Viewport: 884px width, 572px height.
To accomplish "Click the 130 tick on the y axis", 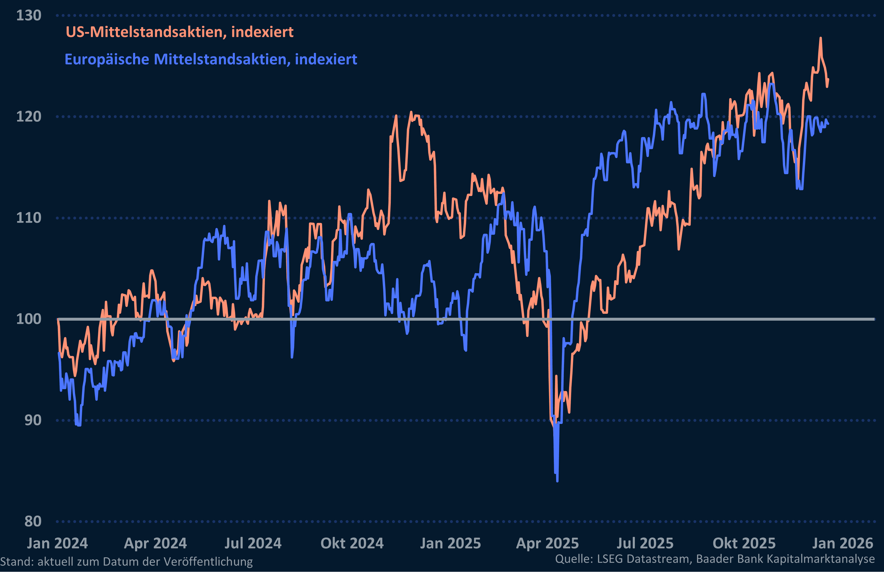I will [29, 16].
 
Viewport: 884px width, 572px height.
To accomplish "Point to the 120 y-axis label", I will [29, 117].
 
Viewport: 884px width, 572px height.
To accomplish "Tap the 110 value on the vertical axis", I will [29, 218].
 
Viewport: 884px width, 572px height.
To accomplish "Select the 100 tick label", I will [29, 319].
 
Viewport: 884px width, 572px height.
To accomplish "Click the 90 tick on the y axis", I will [33, 420].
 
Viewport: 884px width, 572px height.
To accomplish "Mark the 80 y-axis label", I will [33, 521].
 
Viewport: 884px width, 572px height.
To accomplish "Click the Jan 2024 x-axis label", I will [57, 543].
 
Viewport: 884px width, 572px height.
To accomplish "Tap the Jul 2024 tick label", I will [253, 543].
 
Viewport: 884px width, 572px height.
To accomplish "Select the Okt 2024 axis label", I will [352, 543].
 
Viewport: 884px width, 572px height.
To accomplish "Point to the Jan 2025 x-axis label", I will [450, 543].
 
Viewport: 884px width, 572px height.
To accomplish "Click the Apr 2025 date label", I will [547, 543].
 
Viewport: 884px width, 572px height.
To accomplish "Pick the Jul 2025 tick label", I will [645, 543].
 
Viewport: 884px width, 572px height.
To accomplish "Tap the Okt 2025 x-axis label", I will [744, 543].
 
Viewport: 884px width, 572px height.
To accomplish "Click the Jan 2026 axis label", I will [842, 543].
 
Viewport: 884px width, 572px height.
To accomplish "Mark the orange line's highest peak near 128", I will [821, 38].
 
